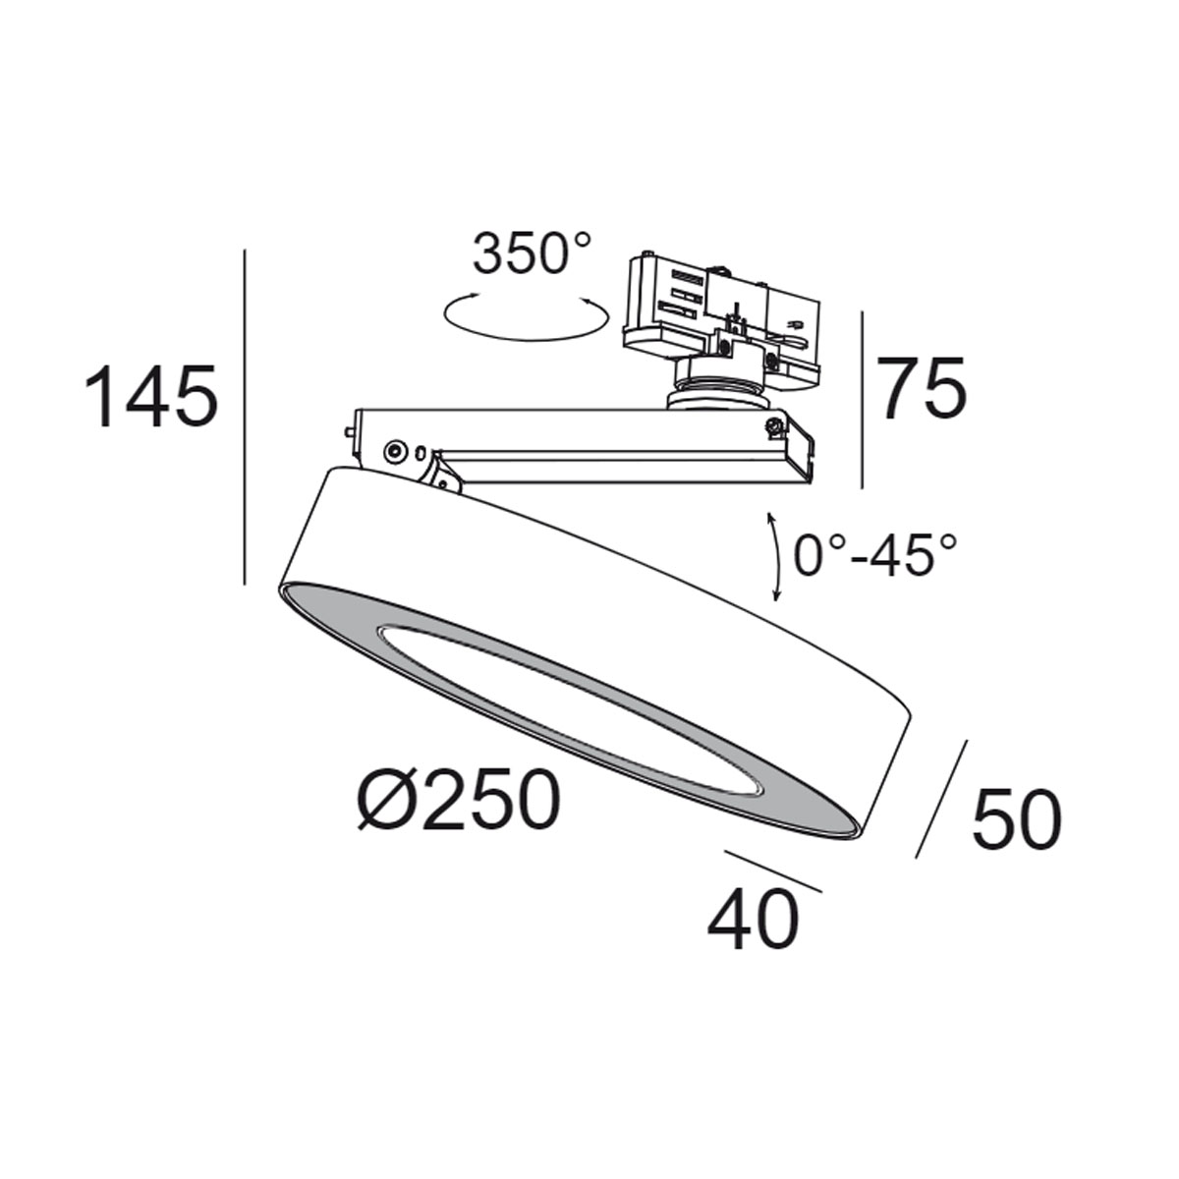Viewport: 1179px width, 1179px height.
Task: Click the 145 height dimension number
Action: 150,397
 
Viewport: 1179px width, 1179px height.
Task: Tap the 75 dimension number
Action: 922,389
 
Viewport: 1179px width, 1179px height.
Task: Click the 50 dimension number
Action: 1016,818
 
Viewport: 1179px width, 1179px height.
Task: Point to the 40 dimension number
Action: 753,921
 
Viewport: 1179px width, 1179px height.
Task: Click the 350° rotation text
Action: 533,253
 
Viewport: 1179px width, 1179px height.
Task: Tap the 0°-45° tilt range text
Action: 874,557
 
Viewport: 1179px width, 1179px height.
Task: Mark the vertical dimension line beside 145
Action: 244,418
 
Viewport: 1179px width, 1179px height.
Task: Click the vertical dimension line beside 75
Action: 862,400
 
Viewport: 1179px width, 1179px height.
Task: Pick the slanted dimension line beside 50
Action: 941,798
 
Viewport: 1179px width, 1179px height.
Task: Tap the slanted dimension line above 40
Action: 772,870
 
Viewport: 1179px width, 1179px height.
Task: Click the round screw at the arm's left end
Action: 394,451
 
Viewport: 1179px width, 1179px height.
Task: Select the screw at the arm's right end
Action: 774,425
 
